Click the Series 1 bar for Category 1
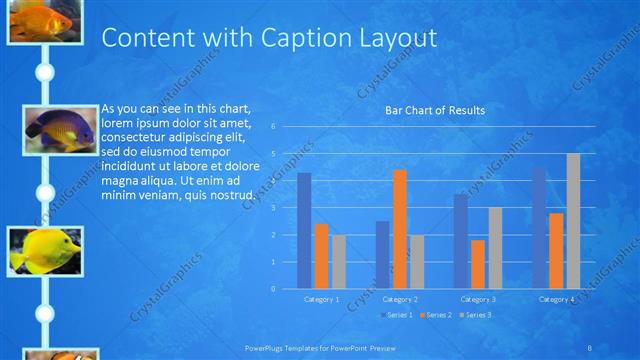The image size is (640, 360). (304, 231)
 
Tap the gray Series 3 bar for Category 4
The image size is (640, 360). (573, 221)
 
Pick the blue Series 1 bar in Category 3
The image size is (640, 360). (461, 241)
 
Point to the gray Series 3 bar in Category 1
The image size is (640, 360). (339, 262)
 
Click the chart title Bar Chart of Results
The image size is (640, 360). (435, 110)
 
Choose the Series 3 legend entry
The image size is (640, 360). (476, 315)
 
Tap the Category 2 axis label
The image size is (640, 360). (399, 299)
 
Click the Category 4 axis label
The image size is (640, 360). (556, 299)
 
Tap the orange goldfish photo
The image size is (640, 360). (44, 20)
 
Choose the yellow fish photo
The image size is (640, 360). (44, 250)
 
